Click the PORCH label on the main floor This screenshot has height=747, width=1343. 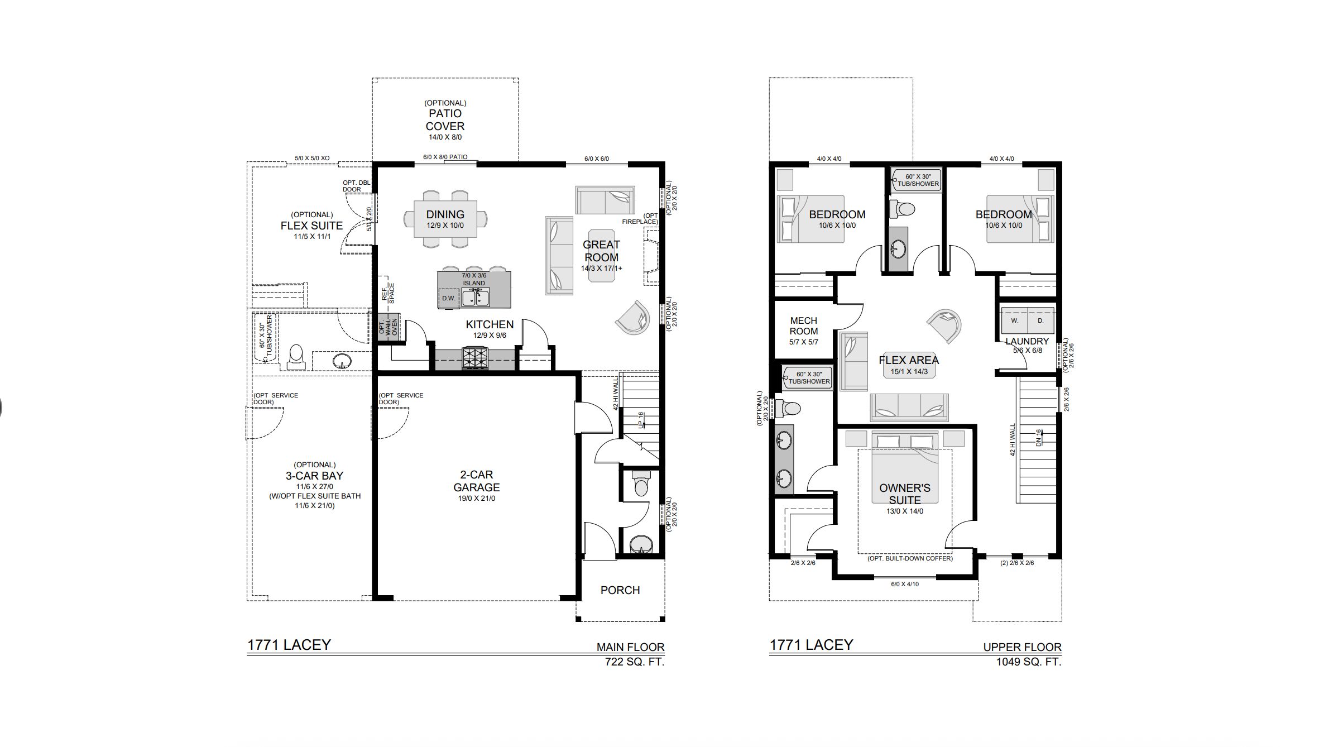coord(620,590)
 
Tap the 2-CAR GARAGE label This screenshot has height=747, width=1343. coord(476,481)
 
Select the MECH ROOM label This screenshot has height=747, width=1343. coord(804,325)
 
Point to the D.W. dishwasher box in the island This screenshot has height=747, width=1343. coord(449,298)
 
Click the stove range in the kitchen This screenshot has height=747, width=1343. coord(475,358)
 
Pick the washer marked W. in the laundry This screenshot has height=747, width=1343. coord(1014,321)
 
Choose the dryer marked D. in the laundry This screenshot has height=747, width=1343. coord(1040,321)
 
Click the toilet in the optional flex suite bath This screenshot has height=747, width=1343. coord(295,357)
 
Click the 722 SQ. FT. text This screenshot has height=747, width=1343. coord(635,662)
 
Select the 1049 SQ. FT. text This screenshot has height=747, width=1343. coord(1029,662)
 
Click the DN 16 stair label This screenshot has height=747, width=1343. coord(1038,437)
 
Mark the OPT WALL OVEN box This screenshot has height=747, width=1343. coord(389,327)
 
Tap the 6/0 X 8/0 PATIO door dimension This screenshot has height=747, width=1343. coord(445,157)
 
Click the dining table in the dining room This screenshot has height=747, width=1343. coord(445,219)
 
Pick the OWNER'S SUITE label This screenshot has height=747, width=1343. coord(905,494)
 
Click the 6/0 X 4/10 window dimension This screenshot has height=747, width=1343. coord(905,584)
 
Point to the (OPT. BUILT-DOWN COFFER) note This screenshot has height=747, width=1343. coord(910,558)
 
